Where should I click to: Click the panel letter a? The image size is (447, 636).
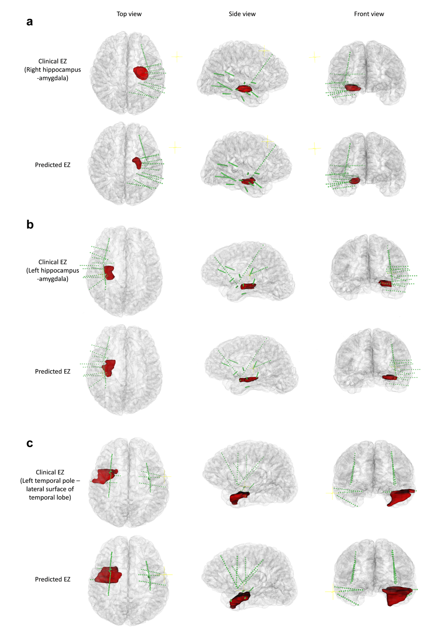(x=30, y=22)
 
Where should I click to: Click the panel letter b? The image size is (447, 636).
(x=30, y=224)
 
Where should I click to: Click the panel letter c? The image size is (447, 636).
(x=30, y=443)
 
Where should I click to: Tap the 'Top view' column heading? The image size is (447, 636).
(x=129, y=14)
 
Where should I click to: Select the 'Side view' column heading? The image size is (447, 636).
(x=242, y=14)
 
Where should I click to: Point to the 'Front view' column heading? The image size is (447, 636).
(x=369, y=14)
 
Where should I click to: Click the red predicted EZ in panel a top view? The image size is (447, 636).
(x=137, y=163)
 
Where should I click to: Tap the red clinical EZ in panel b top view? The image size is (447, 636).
(x=109, y=273)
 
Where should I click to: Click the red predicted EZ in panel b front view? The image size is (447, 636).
(x=389, y=377)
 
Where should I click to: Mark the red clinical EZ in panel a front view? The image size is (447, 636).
(x=352, y=88)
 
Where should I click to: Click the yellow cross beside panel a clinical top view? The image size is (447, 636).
(x=176, y=57)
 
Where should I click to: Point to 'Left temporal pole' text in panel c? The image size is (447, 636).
(x=48, y=481)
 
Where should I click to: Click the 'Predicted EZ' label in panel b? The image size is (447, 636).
(x=53, y=371)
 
